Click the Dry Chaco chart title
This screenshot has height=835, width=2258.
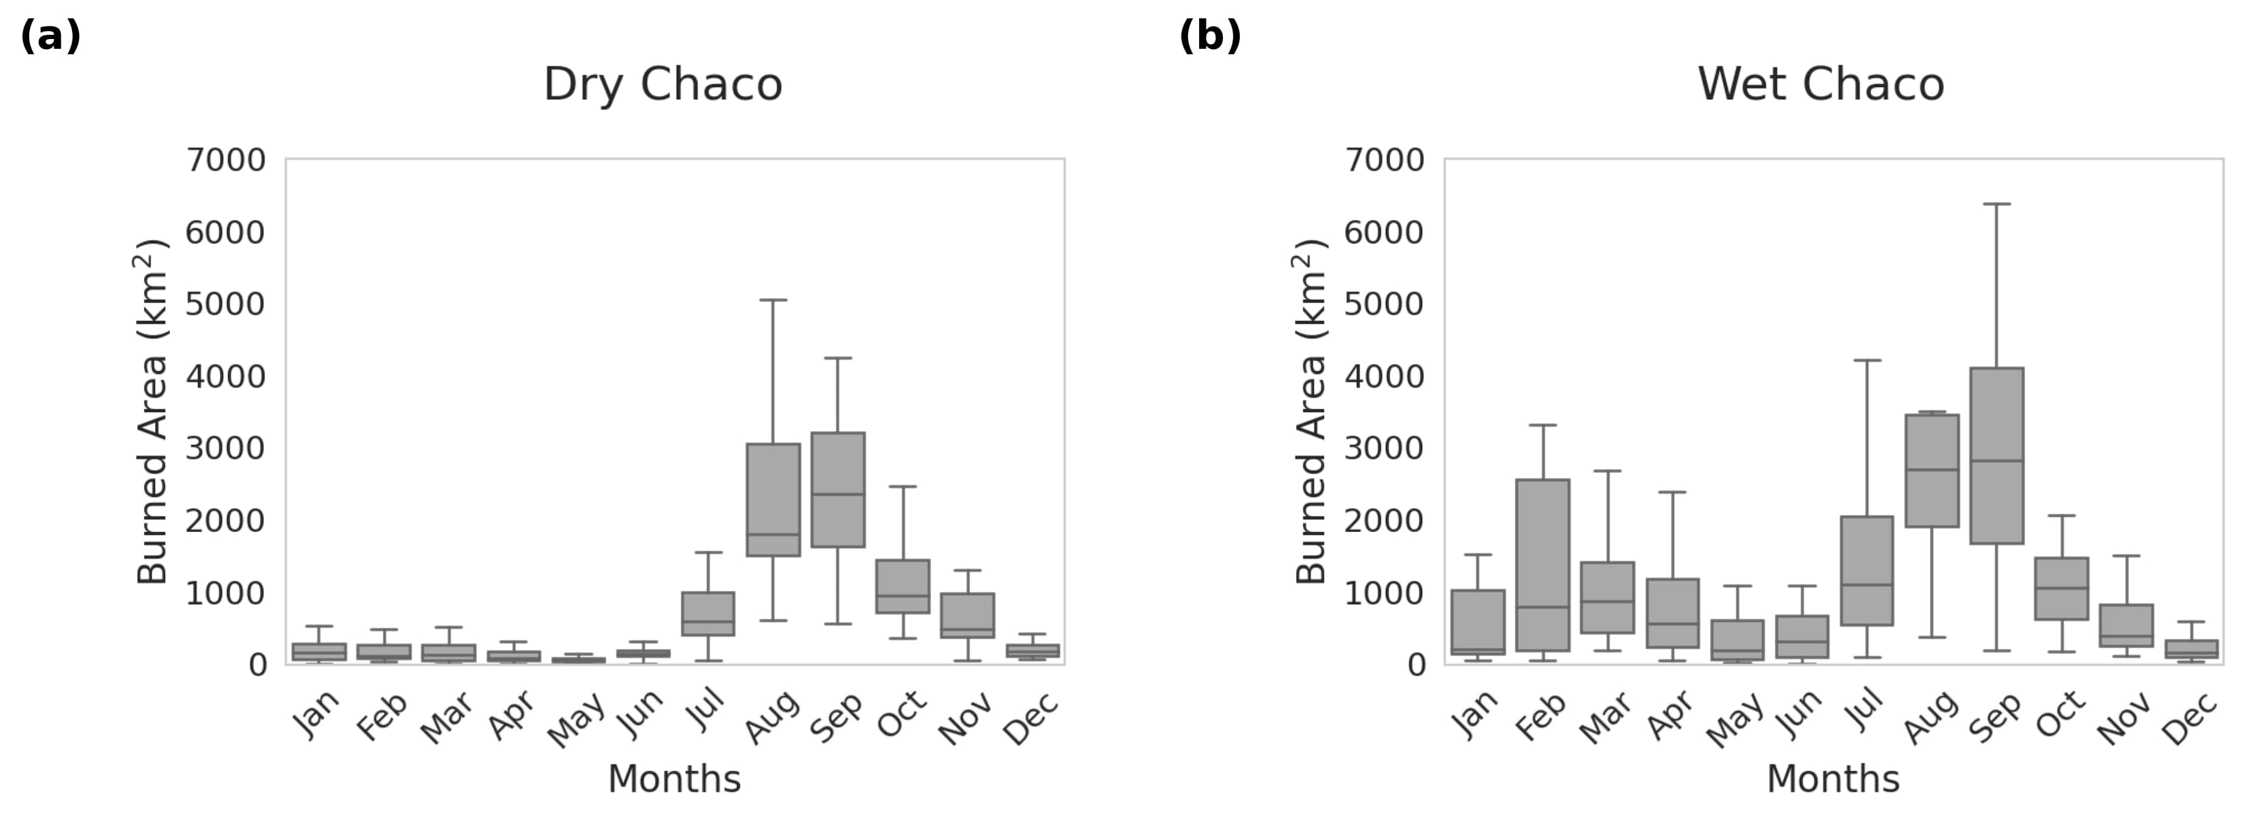[x=663, y=85]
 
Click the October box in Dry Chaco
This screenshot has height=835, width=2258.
[x=903, y=586]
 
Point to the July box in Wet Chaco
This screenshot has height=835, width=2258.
[x=1867, y=570]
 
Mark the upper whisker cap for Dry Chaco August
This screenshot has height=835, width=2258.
[x=773, y=300]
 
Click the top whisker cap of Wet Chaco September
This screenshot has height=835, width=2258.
[x=1997, y=204]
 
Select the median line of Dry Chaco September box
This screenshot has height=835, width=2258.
[x=838, y=494]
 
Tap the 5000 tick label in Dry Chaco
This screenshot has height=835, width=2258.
[x=225, y=304]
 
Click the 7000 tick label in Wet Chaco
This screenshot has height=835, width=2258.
[x=1384, y=160]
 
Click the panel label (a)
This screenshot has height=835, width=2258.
[x=50, y=37]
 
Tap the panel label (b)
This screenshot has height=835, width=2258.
[x=1209, y=37]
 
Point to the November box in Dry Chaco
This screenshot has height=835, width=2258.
[x=968, y=615]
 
